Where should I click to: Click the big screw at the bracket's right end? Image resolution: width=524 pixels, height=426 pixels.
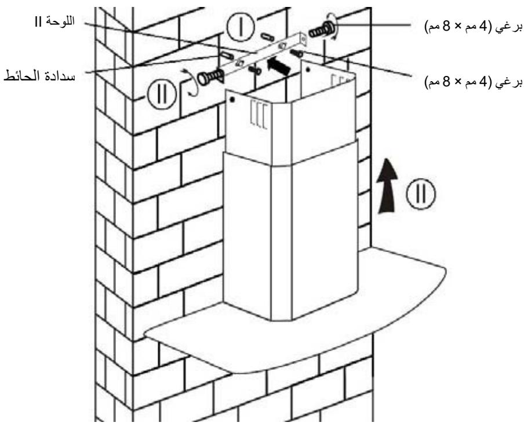click(x=320, y=29)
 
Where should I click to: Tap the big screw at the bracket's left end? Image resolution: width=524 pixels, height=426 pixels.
click(x=210, y=77)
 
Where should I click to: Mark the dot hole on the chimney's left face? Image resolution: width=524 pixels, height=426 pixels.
click(x=232, y=100)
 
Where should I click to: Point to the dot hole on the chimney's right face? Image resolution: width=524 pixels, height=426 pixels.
click(x=308, y=73)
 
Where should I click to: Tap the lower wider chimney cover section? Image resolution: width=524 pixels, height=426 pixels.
click(x=290, y=232)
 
